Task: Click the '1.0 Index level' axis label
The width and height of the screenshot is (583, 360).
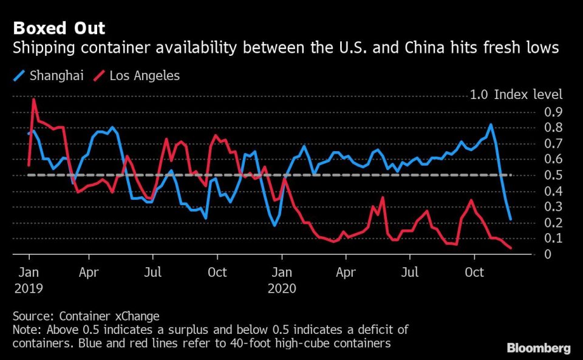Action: click(516, 95)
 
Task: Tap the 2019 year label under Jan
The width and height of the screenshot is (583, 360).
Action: click(29, 288)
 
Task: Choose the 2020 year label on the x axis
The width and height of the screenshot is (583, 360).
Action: click(281, 288)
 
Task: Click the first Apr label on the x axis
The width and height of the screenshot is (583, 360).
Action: click(89, 272)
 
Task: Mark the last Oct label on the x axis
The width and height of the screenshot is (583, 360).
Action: click(474, 272)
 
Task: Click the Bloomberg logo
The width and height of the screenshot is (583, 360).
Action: click(539, 348)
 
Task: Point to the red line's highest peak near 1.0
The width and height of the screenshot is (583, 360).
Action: click(33, 99)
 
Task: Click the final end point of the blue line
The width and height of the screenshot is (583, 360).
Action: click(510, 219)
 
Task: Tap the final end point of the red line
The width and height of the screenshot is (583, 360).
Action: click(510, 248)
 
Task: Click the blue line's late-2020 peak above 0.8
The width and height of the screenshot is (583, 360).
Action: click(491, 125)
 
